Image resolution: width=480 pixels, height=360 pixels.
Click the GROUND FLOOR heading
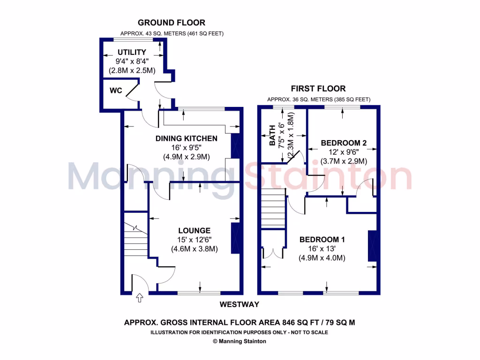[171, 22]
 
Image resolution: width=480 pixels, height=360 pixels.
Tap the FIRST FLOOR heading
[318, 89]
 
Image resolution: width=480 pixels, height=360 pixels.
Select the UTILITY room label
[132, 52]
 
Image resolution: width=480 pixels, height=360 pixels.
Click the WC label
[116, 90]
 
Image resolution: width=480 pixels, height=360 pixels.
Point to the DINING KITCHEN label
[186, 138]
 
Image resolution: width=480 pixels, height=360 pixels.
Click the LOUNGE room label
[194, 230]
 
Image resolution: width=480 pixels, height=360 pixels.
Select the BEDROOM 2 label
[343, 143]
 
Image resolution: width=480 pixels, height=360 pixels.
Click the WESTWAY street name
[240, 305]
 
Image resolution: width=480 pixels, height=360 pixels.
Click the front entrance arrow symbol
[139, 297]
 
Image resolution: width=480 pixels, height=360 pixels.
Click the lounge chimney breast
[236, 238]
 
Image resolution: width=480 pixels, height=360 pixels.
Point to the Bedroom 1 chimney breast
[373, 246]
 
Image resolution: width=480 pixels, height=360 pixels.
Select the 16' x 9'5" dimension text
[186, 148]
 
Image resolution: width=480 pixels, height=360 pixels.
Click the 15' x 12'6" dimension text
[194, 240]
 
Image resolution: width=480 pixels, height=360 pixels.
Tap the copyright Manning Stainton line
[240, 341]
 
